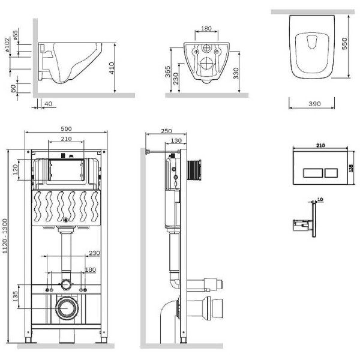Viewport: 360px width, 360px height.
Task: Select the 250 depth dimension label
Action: coord(166,131)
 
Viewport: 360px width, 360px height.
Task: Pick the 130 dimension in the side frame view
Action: coord(175,140)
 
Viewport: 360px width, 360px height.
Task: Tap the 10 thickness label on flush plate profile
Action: coord(319,199)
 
